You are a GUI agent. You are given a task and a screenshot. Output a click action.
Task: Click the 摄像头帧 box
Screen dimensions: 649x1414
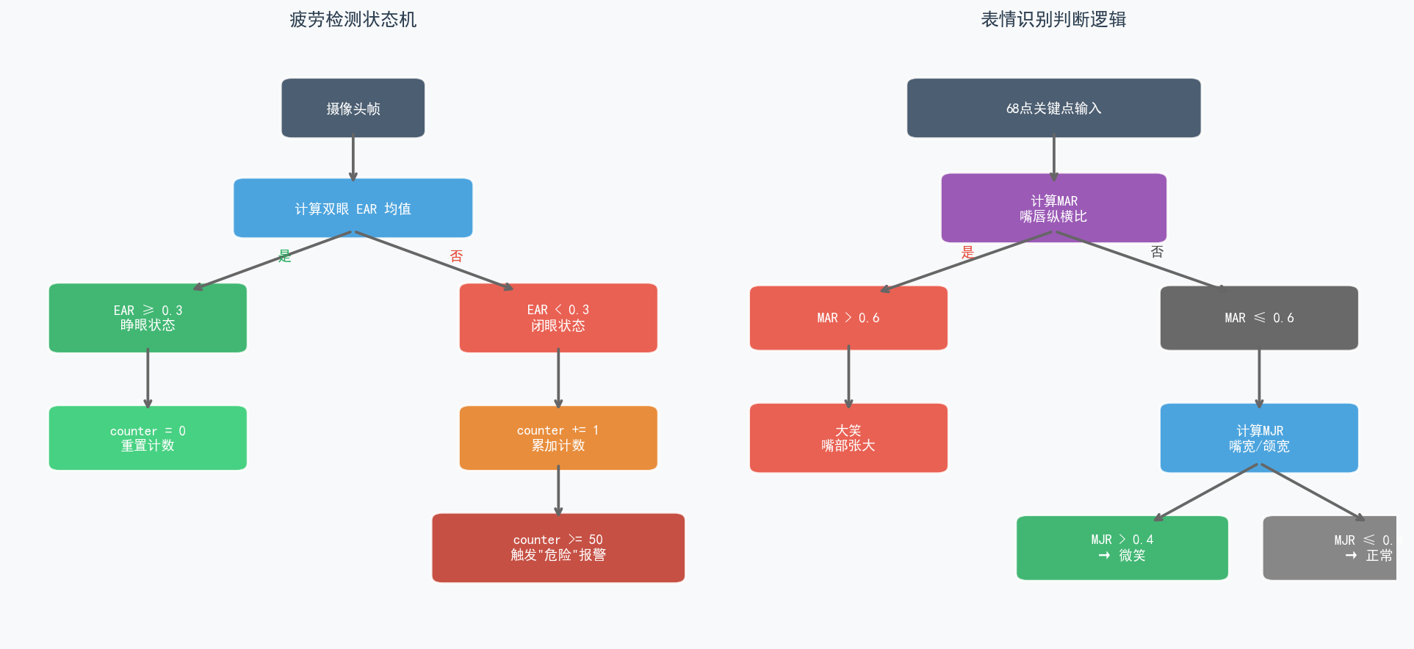(353, 108)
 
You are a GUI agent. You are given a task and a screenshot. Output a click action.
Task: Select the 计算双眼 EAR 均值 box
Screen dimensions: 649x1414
(353, 208)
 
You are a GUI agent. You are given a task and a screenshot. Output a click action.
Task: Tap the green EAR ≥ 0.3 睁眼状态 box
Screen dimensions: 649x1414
(148, 318)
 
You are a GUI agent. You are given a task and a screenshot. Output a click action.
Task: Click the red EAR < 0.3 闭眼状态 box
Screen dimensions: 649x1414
(558, 318)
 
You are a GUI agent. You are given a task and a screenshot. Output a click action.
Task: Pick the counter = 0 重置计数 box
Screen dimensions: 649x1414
(148, 438)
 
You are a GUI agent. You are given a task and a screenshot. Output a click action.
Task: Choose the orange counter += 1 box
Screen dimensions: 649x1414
(558, 438)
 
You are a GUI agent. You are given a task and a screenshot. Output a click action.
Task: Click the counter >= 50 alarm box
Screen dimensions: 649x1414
(558, 548)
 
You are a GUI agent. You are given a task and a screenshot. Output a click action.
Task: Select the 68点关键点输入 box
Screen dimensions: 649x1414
(1053, 108)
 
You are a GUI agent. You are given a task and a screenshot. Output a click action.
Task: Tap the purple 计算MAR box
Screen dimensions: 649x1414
(1053, 208)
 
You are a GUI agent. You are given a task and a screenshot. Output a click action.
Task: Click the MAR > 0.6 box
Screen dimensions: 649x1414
(848, 318)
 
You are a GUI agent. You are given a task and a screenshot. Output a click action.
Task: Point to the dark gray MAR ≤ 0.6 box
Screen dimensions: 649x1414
(1259, 318)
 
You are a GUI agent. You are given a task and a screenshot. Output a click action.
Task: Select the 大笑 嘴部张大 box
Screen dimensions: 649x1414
(848, 438)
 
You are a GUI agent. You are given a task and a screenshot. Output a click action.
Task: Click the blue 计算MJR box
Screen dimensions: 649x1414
(1259, 438)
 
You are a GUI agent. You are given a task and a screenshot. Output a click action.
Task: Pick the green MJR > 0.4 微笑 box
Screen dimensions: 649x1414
(1122, 548)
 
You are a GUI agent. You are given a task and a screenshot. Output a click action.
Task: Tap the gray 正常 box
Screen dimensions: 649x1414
(1330, 548)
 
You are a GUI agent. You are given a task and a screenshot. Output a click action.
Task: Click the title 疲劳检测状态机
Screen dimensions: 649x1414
(353, 20)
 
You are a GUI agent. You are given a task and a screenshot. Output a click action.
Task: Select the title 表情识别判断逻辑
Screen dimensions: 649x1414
(1053, 20)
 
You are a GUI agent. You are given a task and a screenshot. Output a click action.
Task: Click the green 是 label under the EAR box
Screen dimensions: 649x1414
(285, 255)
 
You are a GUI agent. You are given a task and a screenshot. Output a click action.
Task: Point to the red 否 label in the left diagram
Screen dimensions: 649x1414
(456, 255)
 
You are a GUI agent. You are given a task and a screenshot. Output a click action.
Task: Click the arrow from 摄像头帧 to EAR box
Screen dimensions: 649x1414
(353, 158)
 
